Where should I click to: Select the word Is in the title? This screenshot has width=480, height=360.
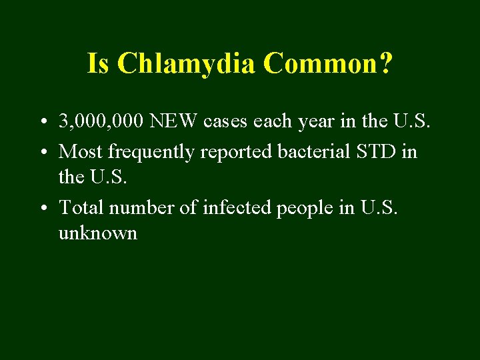97,64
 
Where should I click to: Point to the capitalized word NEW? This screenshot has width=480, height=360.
174,122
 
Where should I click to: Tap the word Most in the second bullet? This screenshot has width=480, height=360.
81,151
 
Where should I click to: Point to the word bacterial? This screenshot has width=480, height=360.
309,151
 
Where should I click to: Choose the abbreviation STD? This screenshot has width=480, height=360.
375,151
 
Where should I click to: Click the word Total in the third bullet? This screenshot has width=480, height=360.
82,207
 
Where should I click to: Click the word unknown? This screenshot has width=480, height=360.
98,233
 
